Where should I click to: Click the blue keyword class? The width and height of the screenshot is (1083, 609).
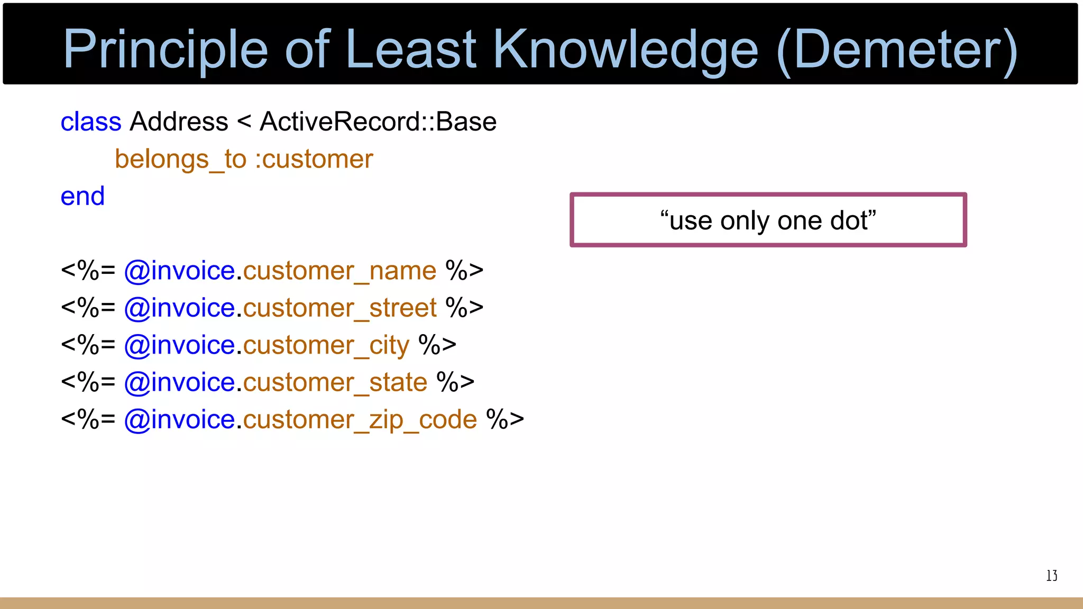click(x=91, y=122)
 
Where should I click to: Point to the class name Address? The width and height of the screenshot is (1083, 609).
click(x=179, y=122)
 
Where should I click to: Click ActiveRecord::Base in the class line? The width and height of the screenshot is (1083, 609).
click(x=378, y=122)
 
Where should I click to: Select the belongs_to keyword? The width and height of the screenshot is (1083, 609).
click(x=180, y=159)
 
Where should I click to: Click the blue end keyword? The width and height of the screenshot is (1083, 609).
click(x=82, y=196)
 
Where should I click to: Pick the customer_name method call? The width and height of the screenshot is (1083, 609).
click(x=339, y=271)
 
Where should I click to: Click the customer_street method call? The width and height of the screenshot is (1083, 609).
click(x=339, y=308)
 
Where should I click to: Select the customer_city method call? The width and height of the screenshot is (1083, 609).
click(x=326, y=345)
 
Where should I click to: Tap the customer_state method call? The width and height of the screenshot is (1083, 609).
click(x=335, y=382)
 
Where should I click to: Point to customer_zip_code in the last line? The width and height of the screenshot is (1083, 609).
click(x=360, y=420)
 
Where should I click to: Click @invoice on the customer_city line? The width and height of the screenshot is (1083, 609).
click(x=179, y=345)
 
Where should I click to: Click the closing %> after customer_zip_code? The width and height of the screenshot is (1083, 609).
click(x=505, y=420)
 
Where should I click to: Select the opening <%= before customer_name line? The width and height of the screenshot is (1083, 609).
click(x=88, y=271)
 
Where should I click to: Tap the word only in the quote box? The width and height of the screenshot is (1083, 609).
click(x=744, y=220)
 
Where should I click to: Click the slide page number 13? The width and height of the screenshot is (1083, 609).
click(x=1051, y=576)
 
